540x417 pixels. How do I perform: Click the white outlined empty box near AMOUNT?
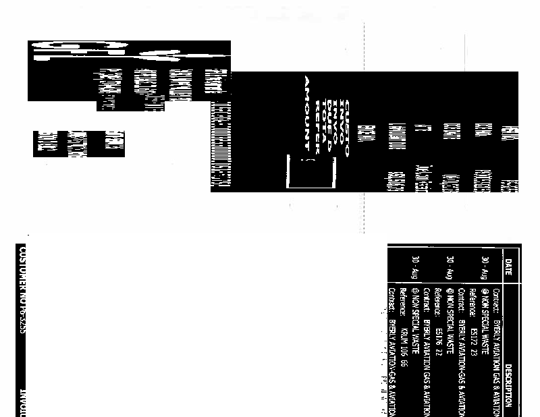click(311, 172)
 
